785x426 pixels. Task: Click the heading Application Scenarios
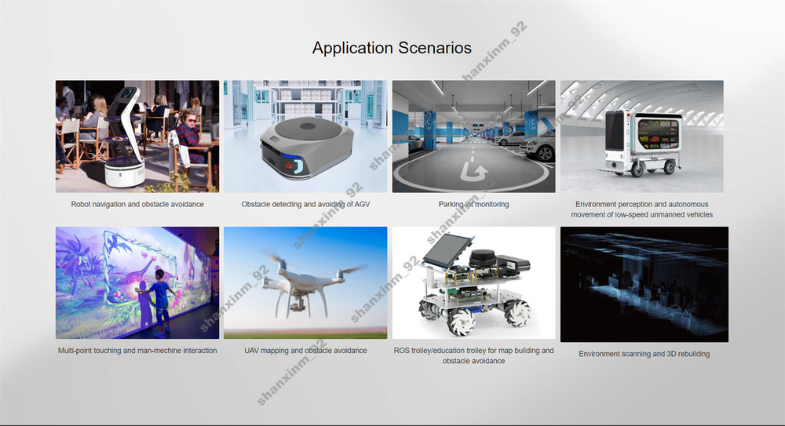(392, 48)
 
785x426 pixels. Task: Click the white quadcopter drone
(305, 282)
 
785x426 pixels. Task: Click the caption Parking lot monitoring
(473, 205)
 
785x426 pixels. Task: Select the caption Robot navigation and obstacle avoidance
(137, 205)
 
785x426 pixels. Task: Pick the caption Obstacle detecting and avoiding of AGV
(305, 205)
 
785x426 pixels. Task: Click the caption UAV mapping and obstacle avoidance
(305, 351)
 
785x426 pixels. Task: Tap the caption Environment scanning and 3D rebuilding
(644, 354)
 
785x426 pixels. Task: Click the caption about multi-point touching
(137, 351)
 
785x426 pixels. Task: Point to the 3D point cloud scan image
(644, 284)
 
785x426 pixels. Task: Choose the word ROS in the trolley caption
(403, 351)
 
